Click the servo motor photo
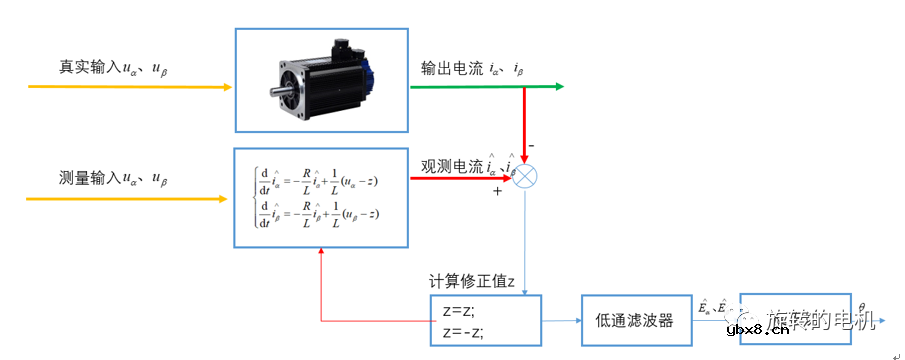tap(322, 78)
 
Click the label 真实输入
tap(87, 67)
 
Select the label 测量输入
tap(87, 179)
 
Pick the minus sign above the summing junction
tap(531, 145)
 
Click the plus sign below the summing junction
tap(496, 190)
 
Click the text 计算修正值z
tap(471, 281)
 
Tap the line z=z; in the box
tap(461, 310)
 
